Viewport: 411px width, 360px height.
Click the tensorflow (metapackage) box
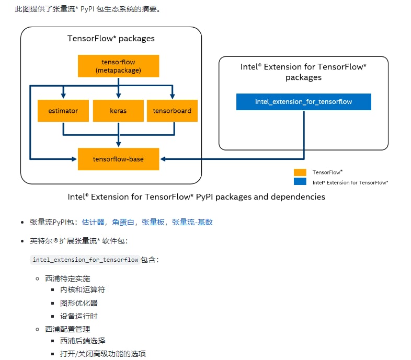[118, 66]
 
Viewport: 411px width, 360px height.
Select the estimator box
[63, 111]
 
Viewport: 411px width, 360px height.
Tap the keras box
[118, 111]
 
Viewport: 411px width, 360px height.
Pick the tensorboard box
[172, 111]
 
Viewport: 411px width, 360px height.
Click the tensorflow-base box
[118, 159]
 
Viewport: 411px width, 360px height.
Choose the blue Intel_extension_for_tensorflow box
[303, 102]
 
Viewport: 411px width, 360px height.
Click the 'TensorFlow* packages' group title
[111, 39]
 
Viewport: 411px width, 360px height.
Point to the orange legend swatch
[300, 172]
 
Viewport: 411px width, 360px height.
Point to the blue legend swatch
[300, 182]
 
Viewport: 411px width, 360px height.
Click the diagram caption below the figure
[196, 197]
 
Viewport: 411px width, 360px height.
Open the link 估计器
[93, 222]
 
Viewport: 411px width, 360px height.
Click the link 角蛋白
[123, 222]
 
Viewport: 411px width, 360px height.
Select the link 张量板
[153, 222]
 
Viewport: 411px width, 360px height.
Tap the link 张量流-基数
[192, 222]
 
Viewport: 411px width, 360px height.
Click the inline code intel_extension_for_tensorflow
[85, 260]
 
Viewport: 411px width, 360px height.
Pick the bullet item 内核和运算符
[83, 289]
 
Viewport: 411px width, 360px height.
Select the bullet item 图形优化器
[78, 303]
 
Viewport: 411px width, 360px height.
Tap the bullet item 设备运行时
[78, 316]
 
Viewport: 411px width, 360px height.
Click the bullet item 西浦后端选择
[83, 341]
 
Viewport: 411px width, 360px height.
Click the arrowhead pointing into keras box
[119, 96]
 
